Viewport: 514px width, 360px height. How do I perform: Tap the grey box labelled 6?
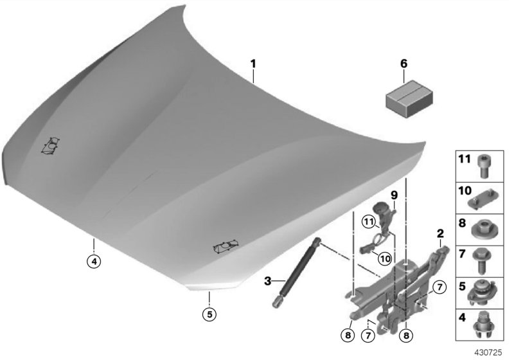(x=405, y=94)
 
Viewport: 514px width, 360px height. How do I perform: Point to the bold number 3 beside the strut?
(x=269, y=281)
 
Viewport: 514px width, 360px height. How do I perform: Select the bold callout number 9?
(x=394, y=194)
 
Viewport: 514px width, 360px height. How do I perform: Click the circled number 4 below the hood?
(x=94, y=262)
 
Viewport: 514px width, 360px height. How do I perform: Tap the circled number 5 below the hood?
(x=209, y=314)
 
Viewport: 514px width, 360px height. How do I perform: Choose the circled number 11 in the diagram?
(x=368, y=222)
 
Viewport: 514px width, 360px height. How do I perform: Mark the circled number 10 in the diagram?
(x=384, y=257)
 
